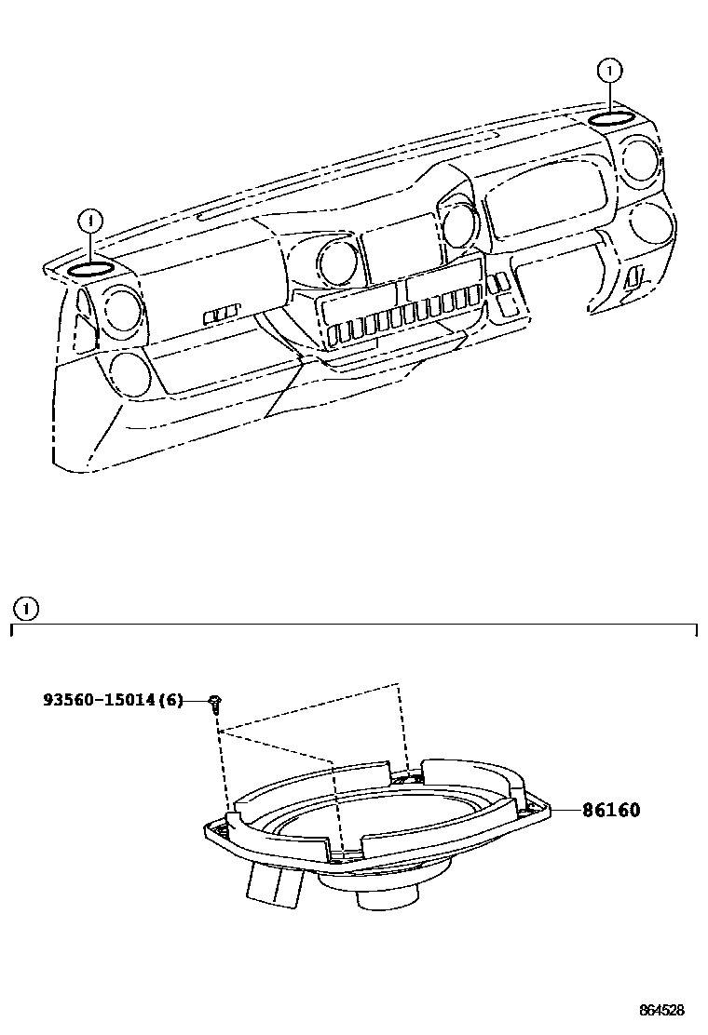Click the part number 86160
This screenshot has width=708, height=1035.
[611, 810]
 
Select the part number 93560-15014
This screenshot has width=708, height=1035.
[99, 700]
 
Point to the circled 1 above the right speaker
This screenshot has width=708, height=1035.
[609, 70]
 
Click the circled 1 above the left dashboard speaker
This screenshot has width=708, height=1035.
[90, 221]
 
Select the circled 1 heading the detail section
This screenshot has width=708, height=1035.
[26, 610]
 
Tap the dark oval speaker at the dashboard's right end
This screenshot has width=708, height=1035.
[611, 118]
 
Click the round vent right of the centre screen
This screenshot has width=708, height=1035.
[459, 226]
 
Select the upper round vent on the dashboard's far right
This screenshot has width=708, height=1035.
[641, 158]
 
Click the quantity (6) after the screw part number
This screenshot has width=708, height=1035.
[170, 700]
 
